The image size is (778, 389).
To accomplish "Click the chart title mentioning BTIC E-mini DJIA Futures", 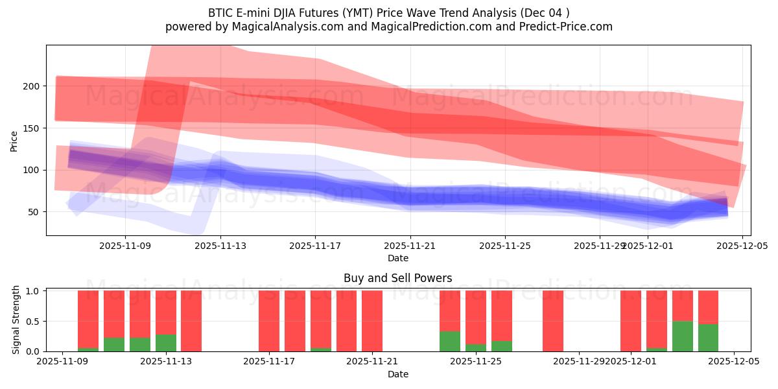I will click(389, 12).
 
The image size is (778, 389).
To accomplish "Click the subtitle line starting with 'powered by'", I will click(389, 27).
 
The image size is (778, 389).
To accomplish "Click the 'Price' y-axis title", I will click(14, 140).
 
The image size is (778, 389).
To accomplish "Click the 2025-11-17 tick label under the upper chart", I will click(315, 246).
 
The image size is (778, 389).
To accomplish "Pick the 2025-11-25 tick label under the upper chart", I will click(505, 246).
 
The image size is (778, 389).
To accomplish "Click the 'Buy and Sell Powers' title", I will click(397, 278).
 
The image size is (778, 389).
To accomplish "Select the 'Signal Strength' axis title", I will click(16, 320).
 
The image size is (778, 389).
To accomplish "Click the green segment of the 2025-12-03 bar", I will click(682, 336).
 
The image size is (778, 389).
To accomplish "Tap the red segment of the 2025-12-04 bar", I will click(708, 306).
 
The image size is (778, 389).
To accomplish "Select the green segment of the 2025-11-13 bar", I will click(166, 343).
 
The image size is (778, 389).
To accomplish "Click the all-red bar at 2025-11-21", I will click(372, 321).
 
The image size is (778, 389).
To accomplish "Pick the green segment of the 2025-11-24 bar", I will click(450, 342).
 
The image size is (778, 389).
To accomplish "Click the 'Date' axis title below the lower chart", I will click(397, 375).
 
